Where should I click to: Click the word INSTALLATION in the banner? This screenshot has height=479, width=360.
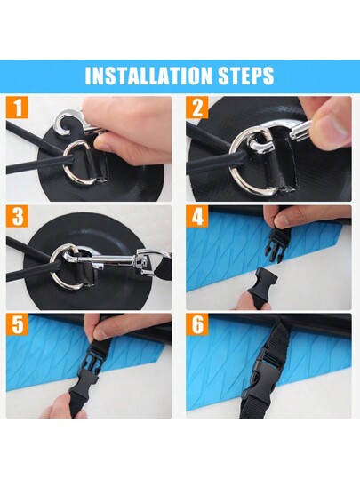tap(148, 76)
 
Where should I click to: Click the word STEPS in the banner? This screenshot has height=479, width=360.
tap(245, 76)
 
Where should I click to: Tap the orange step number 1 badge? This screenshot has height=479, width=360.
tap(18, 108)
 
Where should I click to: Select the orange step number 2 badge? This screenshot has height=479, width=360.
tap(197, 108)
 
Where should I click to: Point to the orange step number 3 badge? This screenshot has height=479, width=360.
tap(18, 216)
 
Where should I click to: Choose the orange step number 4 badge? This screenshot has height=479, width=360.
tap(197, 216)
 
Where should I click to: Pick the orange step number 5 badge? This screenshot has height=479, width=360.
tap(18, 324)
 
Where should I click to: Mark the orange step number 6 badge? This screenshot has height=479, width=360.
tap(197, 324)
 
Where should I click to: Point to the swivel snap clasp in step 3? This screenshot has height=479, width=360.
tap(113, 259)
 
